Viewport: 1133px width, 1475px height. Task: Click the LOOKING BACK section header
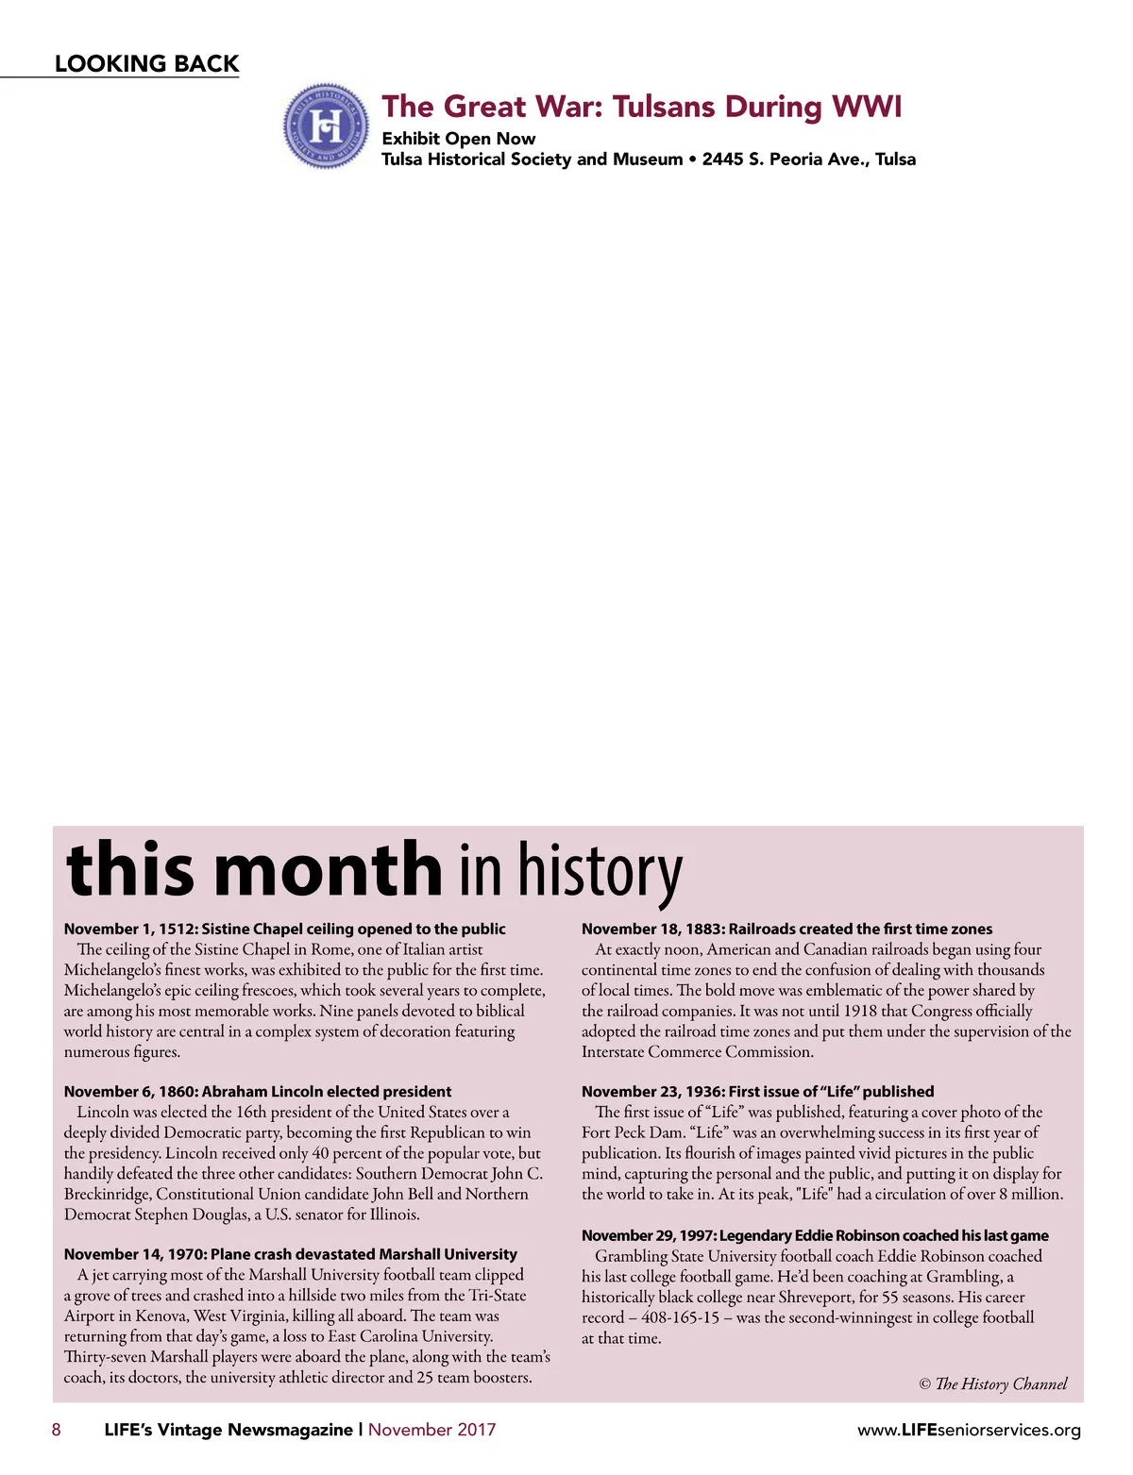coord(146,64)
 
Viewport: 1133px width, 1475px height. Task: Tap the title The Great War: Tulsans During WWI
coord(641,106)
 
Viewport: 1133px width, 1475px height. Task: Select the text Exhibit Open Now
coord(458,139)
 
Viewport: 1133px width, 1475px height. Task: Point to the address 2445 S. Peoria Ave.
coord(786,159)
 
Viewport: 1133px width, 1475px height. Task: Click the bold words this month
coord(254,868)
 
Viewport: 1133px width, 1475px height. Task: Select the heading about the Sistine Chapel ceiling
coord(284,929)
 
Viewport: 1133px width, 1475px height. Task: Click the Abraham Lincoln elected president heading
coord(258,1091)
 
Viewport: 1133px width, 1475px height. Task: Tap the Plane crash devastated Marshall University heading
coord(290,1254)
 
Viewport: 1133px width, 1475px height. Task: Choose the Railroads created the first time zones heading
coord(786,929)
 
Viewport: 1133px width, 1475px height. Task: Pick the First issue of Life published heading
coord(757,1091)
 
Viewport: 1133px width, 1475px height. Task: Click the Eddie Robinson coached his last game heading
coord(815,1235)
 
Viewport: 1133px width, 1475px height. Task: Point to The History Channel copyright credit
coord(993,1383)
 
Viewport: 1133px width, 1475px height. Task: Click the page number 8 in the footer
coord(57,1430)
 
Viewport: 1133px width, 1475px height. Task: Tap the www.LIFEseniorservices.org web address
coord(969,1431)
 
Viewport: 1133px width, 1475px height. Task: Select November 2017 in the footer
coord(431,1430)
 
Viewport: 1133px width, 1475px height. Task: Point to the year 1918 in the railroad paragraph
coord(860,1011)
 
